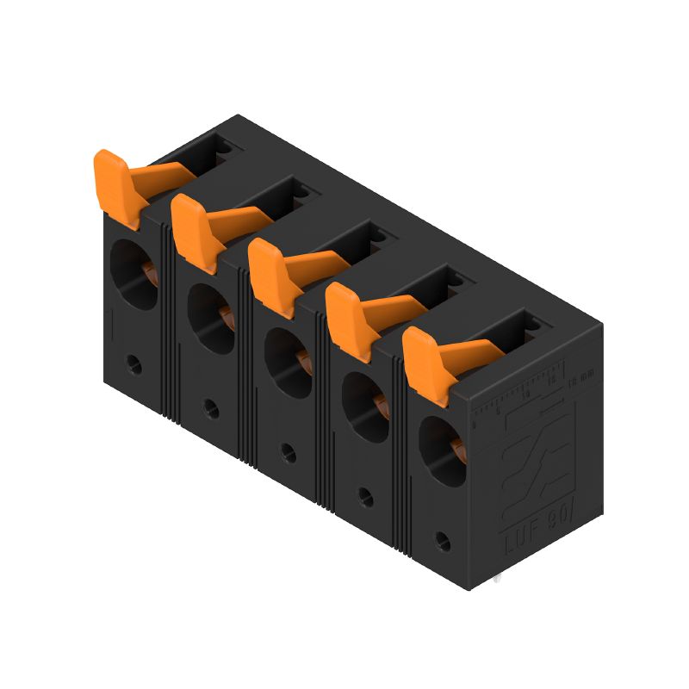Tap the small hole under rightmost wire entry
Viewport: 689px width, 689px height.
tap(443, 541)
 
